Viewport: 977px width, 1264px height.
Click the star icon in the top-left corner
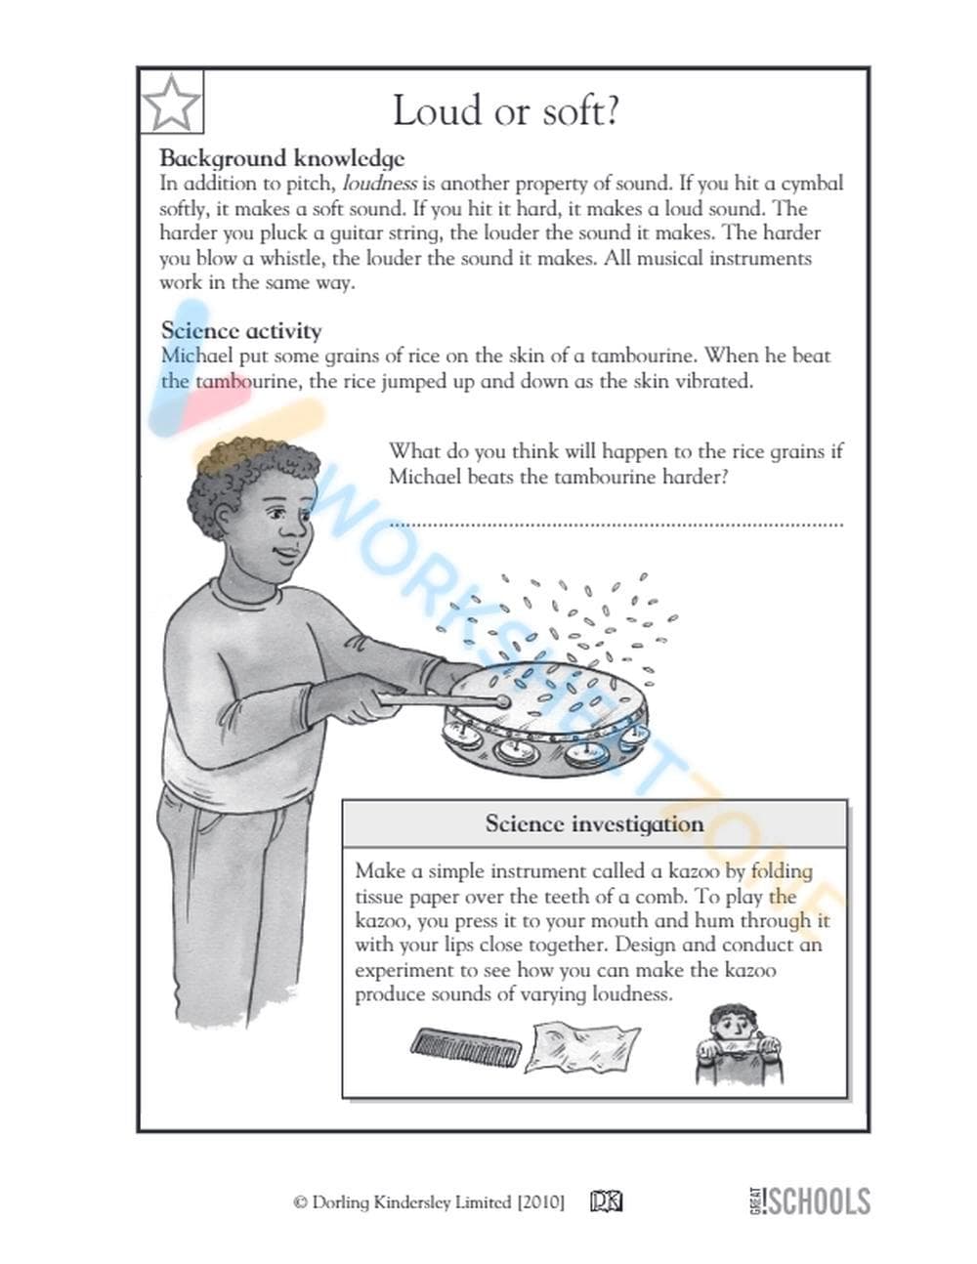(x=172, y=102)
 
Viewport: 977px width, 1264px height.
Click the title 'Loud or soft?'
(x=505, y=110)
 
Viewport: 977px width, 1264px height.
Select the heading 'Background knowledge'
(x=281, y=158)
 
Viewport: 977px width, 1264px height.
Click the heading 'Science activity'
(x=240, y=330)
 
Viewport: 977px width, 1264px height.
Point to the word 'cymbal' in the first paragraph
(x=811, y=184)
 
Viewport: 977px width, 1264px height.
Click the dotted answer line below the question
(x=616, y=525)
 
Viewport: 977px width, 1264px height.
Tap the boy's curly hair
(x=244, y=467)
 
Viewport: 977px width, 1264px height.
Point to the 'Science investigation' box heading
(x=594, y=823)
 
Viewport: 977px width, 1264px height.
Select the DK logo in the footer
(x=606, y=1201)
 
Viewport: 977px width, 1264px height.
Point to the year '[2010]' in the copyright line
(x=540, y=1202)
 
